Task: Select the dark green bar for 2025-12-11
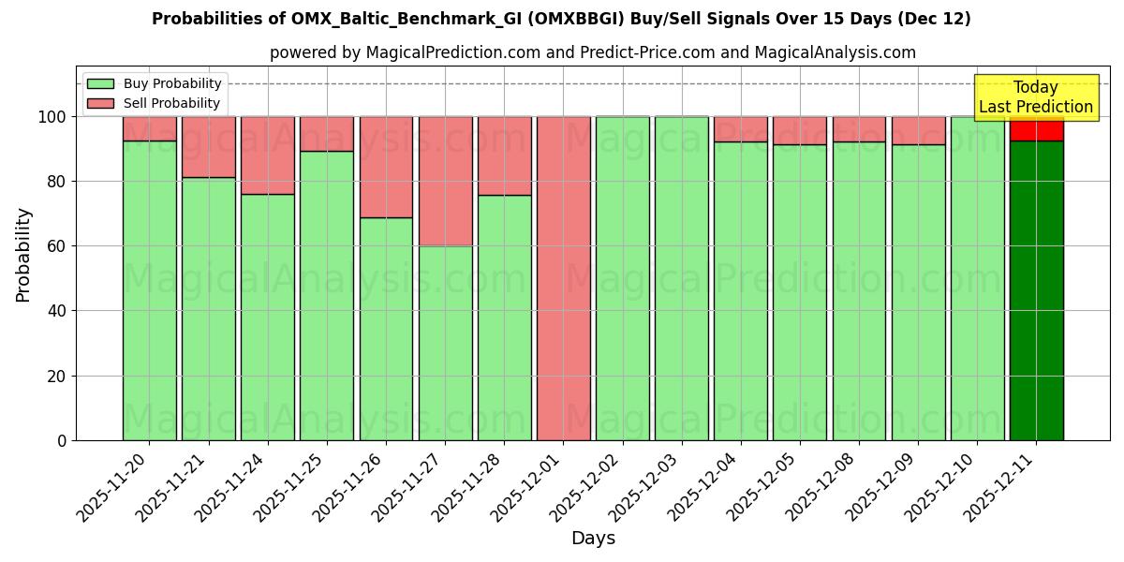(1036, 290)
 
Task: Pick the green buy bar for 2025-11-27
(445, 343)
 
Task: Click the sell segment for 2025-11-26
(386, 167)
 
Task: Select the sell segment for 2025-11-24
(268, 155)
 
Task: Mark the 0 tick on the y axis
(62, 440)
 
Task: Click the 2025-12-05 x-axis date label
(764, 485)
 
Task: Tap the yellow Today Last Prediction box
(1036, 97)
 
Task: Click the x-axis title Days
(593, 539)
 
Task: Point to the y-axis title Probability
(23, 255)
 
